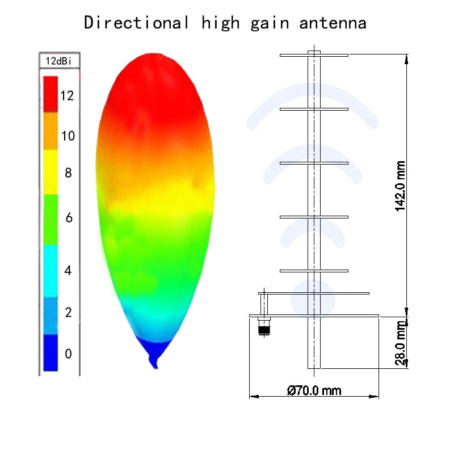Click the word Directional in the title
point(137,23)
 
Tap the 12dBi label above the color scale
point(59,60)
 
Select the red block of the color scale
point(51,94)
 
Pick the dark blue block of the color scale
point(51,352)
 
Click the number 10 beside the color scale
point(68,136)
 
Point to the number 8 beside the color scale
point(68,173)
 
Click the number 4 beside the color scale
point(68,270)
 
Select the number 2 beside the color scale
point(68,312)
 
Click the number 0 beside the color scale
point(68,354)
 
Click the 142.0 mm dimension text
point(401,185)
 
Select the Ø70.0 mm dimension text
point(314,390)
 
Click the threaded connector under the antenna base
point(263,327)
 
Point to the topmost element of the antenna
point(314,55)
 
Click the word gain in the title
point(267,23)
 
